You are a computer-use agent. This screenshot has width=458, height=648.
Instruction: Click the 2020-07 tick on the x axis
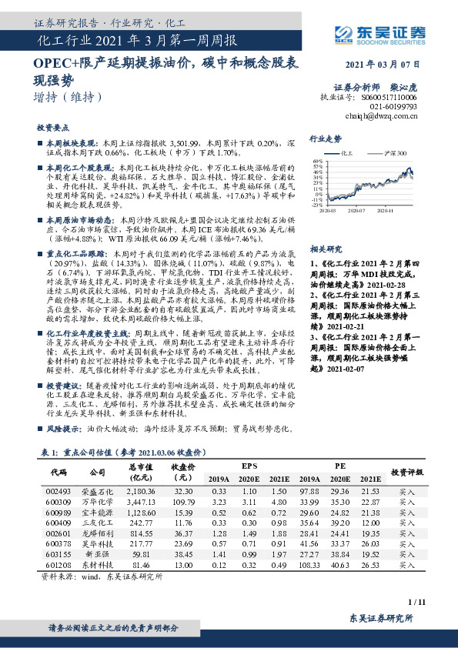tap(356, 209)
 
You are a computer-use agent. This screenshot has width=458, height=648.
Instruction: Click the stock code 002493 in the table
tap(59, 490)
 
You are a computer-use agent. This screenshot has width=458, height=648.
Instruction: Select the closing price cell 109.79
tap(182, 501)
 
